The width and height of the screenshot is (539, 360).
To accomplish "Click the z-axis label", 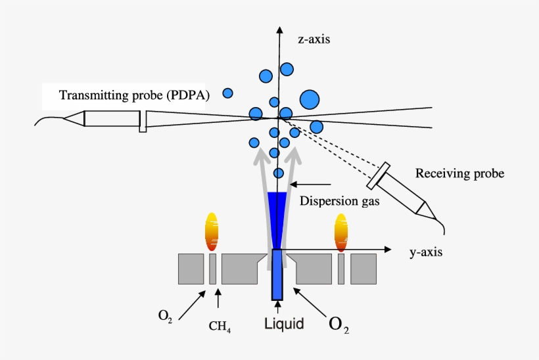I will (314, 39).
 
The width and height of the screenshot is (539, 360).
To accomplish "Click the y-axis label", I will (425, 252).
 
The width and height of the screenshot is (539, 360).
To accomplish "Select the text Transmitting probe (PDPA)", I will (134, 95).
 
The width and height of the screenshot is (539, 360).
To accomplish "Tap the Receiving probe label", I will (459, 174).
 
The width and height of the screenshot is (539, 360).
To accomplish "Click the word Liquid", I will (283, 323).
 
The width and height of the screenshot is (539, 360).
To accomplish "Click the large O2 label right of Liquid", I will (339, 324).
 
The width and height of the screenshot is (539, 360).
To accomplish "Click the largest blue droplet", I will (310, 100).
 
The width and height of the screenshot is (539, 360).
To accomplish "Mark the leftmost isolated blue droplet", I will (227, 93).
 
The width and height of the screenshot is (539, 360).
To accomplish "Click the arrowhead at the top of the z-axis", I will (281, 30).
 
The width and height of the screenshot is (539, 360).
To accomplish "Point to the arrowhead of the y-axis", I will (388, 250).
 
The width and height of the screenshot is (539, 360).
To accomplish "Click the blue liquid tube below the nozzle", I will (276, 276).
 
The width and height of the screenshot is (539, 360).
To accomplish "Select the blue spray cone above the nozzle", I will (277, 210).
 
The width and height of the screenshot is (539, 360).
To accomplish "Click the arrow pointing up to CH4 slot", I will (218, 299).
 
